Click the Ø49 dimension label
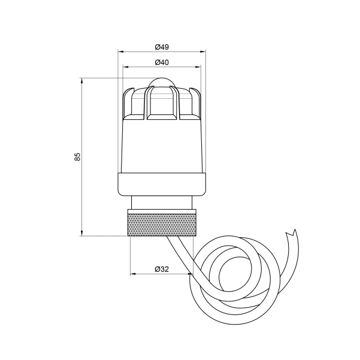click(x=162, y=47)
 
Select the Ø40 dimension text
click(x=162, y=62)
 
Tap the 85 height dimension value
click(x=78, y=156)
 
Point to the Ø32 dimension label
click(x=162, y=269)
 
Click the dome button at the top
click(x=162, y=82)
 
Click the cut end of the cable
click(x=291, y=233)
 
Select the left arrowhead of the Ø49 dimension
click(x=120, y=52)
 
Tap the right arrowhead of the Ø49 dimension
click(x=203, y=52)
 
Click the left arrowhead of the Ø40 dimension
click(x=126, y=67)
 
